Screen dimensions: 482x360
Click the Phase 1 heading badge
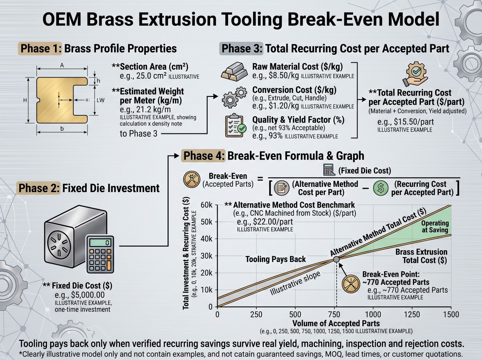tap(40, 49)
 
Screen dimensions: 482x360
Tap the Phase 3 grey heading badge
tap(241, 49)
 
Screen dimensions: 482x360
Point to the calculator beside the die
tap(100, 254)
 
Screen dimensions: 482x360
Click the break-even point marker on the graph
tap(336, 259)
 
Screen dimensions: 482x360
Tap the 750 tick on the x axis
tap(334, 315)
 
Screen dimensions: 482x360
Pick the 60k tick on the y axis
tap(206, 205)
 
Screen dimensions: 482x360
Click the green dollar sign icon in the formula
tap(380, 188)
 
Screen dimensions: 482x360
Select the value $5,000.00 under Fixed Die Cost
tap(80, 295)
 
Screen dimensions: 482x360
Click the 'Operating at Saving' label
tap(435, 226)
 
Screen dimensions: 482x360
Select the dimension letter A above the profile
tap(62, 65)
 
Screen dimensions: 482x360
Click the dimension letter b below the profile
tap(62, 129)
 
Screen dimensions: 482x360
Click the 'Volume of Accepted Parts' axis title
tap(336, 323)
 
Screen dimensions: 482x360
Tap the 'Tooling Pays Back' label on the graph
tap(276, 259)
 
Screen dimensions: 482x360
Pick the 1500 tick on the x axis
tap(451, 315)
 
